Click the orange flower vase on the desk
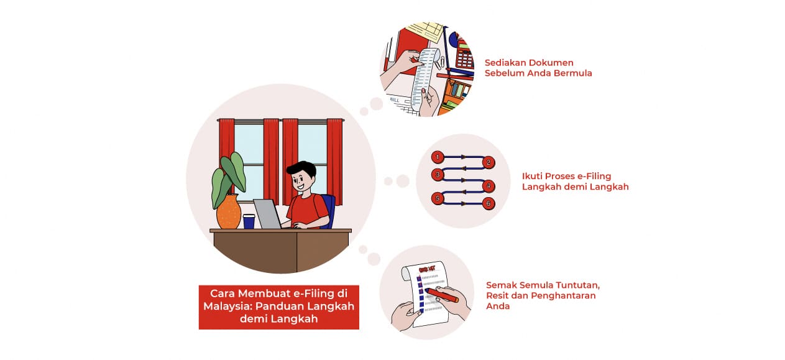[228, 212]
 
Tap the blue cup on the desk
[249, 221]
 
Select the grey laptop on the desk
[268, 214]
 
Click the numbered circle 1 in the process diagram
[438, 157]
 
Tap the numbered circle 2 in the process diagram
[489, 163]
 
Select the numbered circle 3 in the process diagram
[438, 175]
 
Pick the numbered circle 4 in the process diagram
[489, 185]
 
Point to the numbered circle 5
[438, 198]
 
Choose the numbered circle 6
[489, 203]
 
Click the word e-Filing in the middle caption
[593, 176]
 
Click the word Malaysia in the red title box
[227, 306]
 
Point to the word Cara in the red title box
[223, 293]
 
